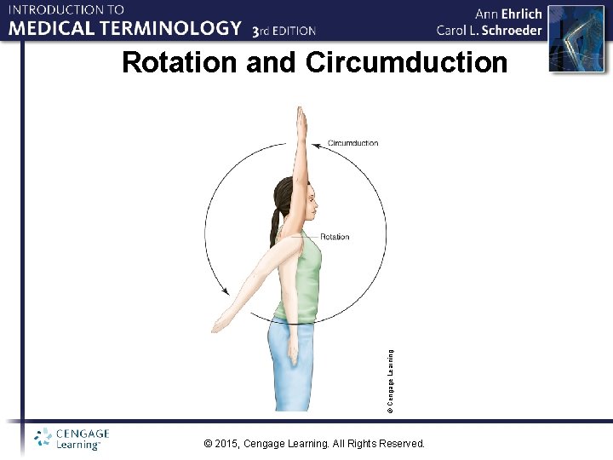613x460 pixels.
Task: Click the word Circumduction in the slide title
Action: (406, 63)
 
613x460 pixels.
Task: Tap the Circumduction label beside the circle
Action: (352, 143)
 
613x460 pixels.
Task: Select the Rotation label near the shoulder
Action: (335, 236)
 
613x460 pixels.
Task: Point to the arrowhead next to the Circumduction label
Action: (316, 143)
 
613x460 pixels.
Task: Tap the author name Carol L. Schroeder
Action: (489, 30)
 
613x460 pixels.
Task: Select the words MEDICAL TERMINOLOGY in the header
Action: (126, 28)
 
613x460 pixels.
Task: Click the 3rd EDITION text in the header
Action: (284, 31)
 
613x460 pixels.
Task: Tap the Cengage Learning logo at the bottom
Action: (72, 439)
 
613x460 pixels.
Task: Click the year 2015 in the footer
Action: (226, 444)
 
